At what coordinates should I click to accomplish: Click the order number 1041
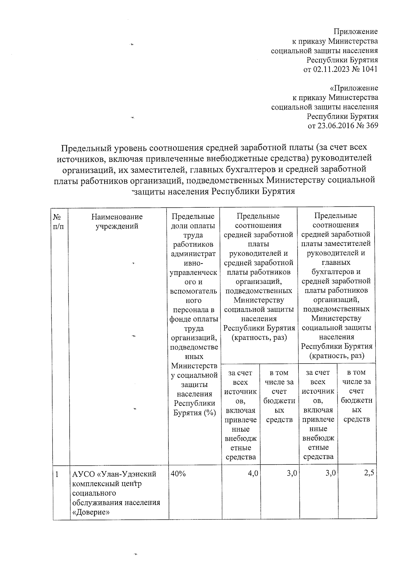click(x=369, y=70)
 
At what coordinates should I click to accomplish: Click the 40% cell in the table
click(x=178, y=474)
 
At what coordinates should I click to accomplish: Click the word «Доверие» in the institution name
click(x=91, y=512)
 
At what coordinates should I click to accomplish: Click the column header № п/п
click(x=58, y=222)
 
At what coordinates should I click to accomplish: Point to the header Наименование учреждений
click(x=117, y=222)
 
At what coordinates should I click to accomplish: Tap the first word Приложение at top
click(x=356, y=32)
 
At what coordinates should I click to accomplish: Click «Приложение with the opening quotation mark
click(x=354, y=88)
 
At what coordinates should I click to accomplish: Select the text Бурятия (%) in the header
click(x=194, y=413)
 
